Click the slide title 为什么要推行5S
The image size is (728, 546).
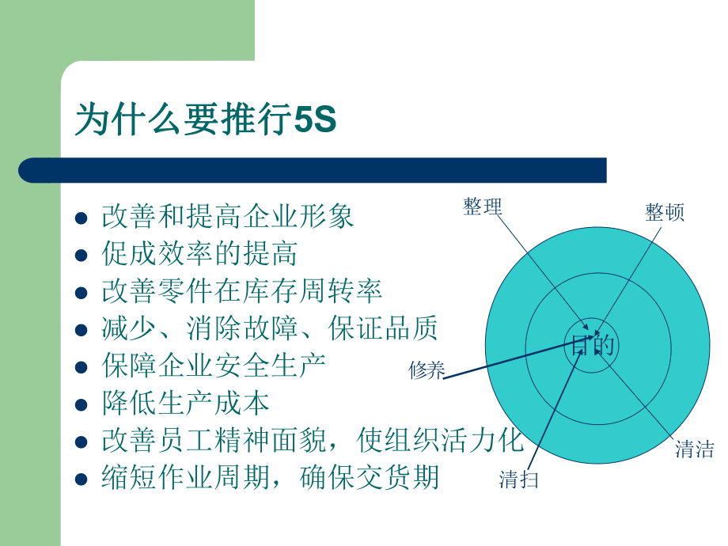click(x=206, y=119)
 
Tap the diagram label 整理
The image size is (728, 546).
click(x=483, y=207)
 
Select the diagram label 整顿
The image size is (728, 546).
click(x=665, y=211)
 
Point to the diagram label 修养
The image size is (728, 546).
click(x=427, y=370)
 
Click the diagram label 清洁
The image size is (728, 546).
click(x=695, y=449)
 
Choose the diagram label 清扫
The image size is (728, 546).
click(x=519, y=479)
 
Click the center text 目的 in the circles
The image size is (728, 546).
click(x=593, y=346)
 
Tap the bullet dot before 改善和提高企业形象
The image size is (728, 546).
click(x=80, y=218)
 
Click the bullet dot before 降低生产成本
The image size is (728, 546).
click(x=80, y=405)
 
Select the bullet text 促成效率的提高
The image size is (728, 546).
click(x=199, y=254)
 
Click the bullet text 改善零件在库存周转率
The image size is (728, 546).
click(x=242, y=291)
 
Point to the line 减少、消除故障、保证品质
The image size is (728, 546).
click(x=270, y=328)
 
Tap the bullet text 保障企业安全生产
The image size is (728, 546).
click(x=214, y=366)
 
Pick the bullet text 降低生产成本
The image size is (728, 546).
click(x=186, y=404)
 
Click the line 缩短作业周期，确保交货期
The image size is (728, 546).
click(x=270, y=478)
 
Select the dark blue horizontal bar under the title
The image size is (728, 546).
click(x=312, y=170)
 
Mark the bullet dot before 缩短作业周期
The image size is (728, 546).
click(x=80, y=480)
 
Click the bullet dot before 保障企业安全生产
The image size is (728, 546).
click(x=80, y=368)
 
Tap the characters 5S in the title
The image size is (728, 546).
click(x=316, y=120)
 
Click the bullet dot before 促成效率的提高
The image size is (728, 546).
click(x=80, y=256)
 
